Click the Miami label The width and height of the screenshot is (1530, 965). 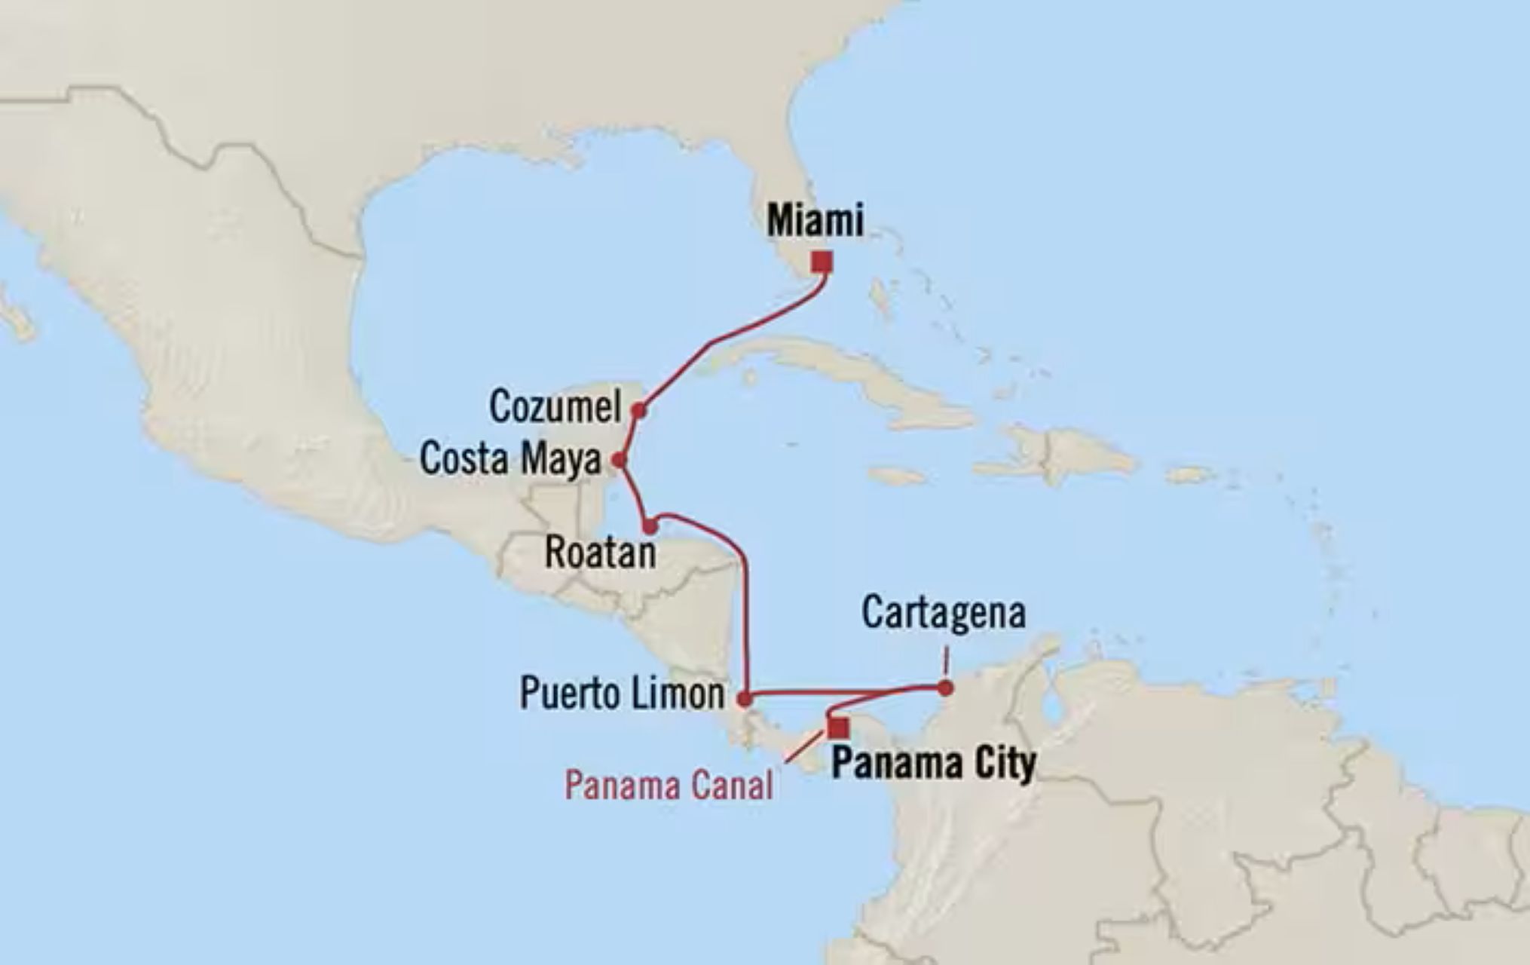coord(815,222)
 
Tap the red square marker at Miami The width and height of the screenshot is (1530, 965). coord(822,262)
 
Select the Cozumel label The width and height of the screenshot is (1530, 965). coord(555,407)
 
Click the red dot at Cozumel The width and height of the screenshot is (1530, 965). coord(639,411)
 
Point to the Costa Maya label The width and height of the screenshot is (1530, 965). coord(510,459)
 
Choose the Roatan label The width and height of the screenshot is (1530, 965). coord(600,553)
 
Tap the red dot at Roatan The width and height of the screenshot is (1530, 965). coord(650,526)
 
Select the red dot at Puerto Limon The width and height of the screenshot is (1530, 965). coord(744,700)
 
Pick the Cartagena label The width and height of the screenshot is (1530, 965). coord(944,612)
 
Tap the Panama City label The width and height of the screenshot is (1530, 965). coord(933,764)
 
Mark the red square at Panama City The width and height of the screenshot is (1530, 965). coord(838,727)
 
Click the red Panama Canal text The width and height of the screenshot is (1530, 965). coord(669,786)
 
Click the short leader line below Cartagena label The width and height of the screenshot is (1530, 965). coord(945,661)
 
